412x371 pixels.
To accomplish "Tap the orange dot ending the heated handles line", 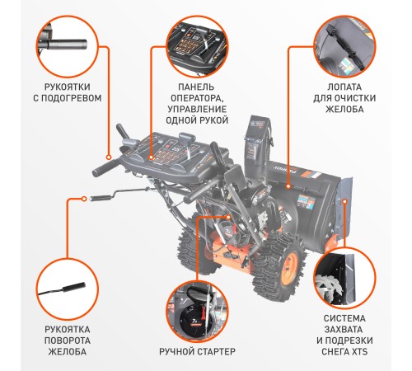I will pyautogui.click(x=108, y=154).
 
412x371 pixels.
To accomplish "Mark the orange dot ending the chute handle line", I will pyautogui.click(x=86, y=198).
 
